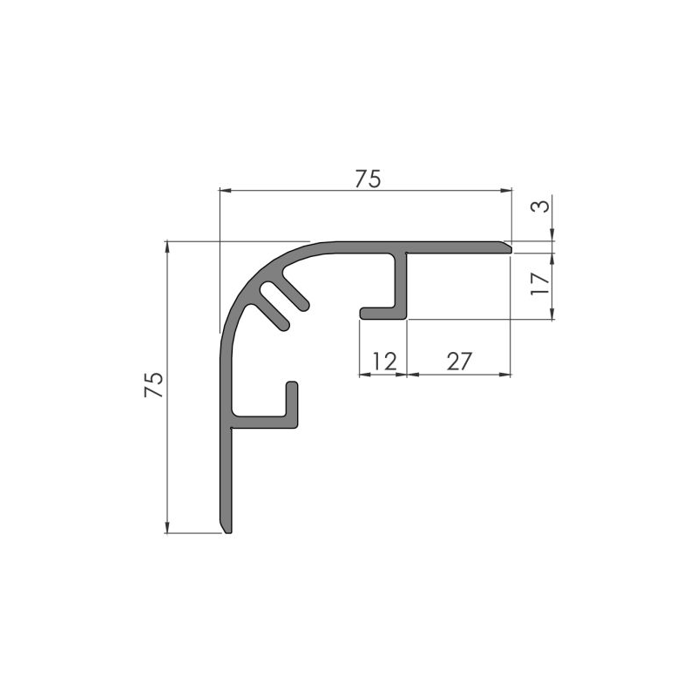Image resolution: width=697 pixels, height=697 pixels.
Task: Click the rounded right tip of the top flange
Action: (x=504, y=247)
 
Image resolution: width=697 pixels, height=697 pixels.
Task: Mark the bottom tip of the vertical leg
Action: (x=227, y=529)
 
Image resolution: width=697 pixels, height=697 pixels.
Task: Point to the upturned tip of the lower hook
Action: (x=293, y=387)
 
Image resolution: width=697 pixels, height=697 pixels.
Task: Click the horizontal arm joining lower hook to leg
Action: (x=261, y=423)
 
